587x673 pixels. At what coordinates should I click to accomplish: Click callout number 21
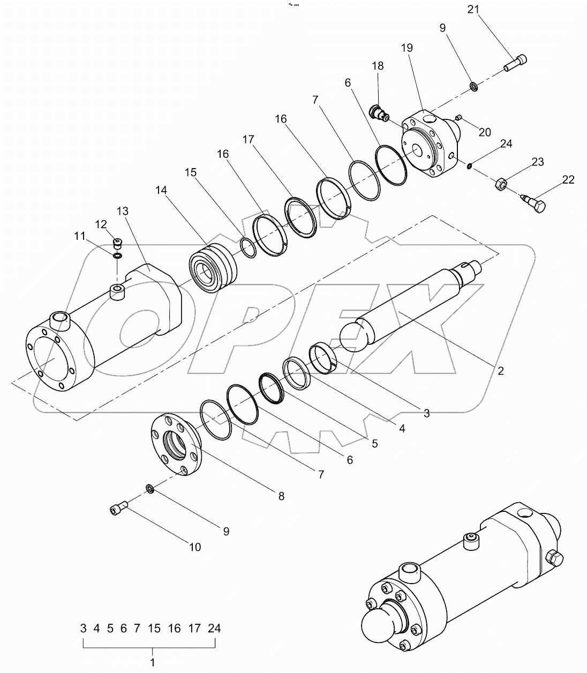tap(475, 9)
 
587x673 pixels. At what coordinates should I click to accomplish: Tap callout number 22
tap(568, 180)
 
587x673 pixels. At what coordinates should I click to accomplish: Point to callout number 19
tap(406, 48)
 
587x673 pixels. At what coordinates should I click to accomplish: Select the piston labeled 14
tap(211, 269)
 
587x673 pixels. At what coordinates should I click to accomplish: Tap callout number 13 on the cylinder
tap(122, 211)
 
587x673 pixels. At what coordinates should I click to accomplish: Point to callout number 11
tap(80, 235)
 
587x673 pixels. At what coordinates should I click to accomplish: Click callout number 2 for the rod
tap(500, 370)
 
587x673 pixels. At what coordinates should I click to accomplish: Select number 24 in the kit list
tap(214, 629)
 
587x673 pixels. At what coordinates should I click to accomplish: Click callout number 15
tap(191, 172)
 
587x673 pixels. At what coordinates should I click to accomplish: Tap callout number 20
tap(484, 132)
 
